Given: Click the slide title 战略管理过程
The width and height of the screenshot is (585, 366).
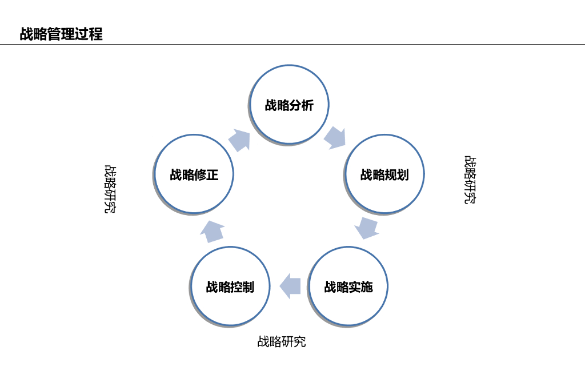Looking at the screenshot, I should [61, 34].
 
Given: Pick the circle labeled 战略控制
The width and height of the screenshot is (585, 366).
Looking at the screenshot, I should [230, 306].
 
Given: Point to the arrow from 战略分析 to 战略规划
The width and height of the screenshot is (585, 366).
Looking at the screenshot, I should [335, 137].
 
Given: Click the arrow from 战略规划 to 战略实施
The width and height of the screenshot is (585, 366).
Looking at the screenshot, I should [366, 227].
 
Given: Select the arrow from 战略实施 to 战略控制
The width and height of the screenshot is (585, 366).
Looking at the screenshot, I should [290, 285].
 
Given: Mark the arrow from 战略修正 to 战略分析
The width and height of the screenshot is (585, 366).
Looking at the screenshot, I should [241, 140].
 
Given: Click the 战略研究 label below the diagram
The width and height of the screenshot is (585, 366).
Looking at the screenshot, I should [282, 342].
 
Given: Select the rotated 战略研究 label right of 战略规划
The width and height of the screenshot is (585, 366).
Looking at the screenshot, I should [470, 180].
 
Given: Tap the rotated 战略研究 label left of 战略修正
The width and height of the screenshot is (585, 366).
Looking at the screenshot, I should [110, 189].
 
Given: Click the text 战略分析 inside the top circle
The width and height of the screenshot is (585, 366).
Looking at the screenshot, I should [289, 105].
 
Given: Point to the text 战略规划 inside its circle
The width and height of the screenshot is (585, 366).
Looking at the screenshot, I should [384, 174].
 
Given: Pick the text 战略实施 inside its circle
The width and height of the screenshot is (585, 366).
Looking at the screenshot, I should [348, 287].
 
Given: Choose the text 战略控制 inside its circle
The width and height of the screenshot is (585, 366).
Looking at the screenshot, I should [230, 287].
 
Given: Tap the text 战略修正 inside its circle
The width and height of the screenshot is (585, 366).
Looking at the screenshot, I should [194, 174].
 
